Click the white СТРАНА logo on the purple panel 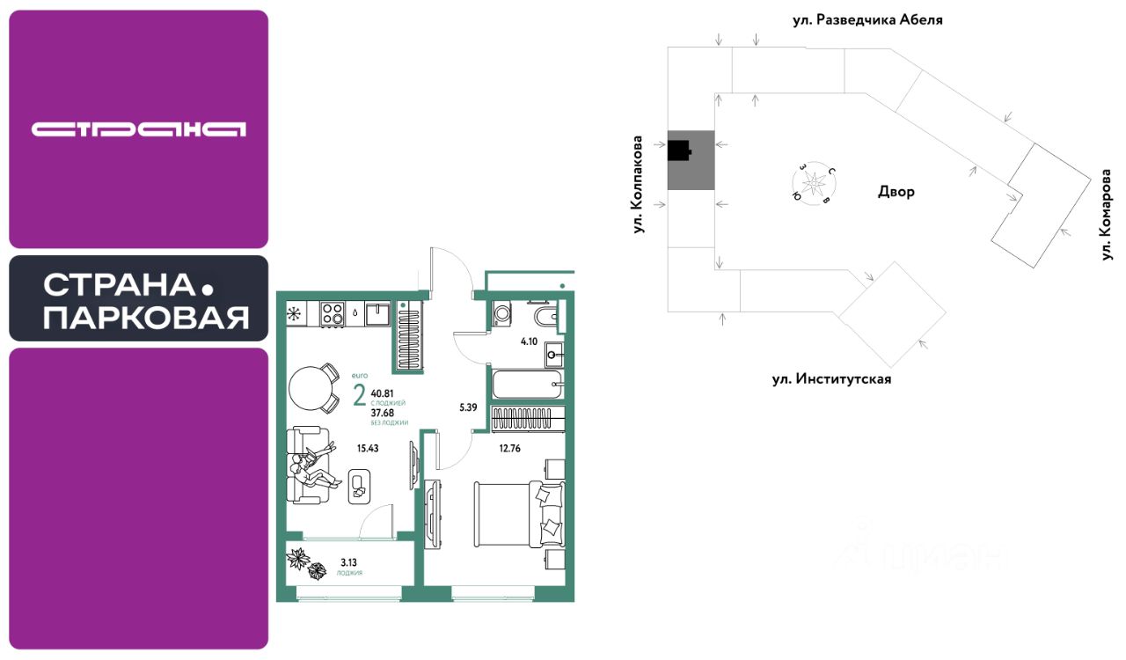click(x=139, y=129)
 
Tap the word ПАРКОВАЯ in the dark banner click(x=146, y=318)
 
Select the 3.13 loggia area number click(x=348, y=561)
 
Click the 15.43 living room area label click(x=368, y=448)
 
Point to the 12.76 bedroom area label click(x=509, y=448)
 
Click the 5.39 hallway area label click(x=468, y=407)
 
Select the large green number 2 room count click(x=359, y=396)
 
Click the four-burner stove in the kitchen click(x=332, y=313)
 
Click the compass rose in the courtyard click(x=815, y=183)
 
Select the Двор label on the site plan click(x=896, y=192)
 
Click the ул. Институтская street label click(x=831, y=379)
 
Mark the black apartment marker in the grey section click(x=679, y=151)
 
